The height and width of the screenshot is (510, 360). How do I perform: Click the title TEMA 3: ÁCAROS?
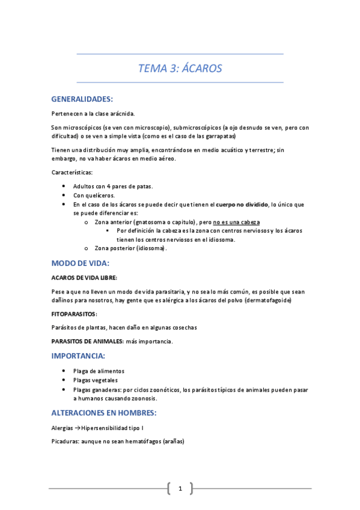[x=180, y=69]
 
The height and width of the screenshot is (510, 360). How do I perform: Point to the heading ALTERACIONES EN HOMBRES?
[x=104, y=413]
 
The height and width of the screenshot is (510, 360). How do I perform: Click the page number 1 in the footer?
[x=180, y=488]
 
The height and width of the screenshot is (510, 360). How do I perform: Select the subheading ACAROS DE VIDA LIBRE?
[x=84, y=278]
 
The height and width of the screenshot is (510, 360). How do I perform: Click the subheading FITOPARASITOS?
[x=74, y=314]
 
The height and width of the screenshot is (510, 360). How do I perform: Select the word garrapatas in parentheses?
[x=215, y=137]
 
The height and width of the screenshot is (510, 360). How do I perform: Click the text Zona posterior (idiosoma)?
[x=130, y=248]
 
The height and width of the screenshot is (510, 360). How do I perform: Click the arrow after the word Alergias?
[x=76, y=428]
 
